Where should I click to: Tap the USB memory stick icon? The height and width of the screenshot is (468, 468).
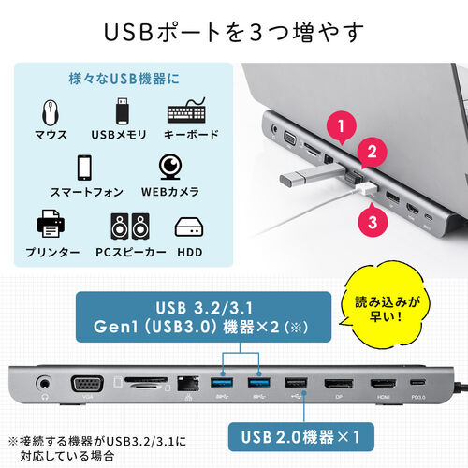(x=122, y=111)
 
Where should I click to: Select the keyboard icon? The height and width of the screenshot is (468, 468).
(x=191, y=112)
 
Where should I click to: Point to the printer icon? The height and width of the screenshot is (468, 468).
(x=49, y=226)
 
